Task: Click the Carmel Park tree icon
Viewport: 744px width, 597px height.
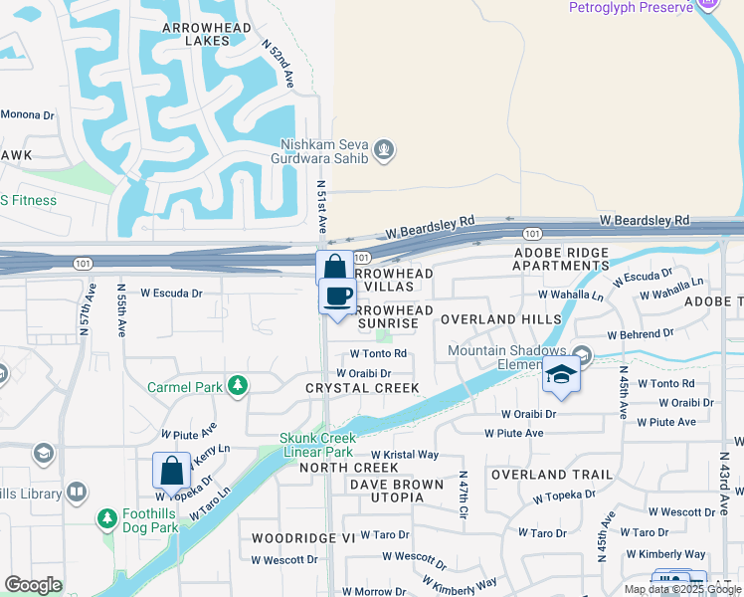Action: pyautogui.click(x=237, y=385)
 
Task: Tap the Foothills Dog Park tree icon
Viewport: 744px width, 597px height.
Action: pyautogui.click(x=107, y=518)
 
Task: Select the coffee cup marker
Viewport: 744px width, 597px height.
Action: pyautogui.click(x=337, y=296)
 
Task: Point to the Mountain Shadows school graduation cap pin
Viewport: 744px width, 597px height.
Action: pyautogui.click(x=561, y=376)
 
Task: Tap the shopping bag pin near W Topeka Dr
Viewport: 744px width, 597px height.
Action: pyautogui.click(x=171, y=473)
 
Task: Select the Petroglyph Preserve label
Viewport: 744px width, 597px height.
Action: pyautogui.click(x=631, y=8)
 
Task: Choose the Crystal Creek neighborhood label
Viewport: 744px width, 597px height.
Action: pyautogui.click(x=362, y=388)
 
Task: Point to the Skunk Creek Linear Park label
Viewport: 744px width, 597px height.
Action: pyautogui.click(x=316, y=445)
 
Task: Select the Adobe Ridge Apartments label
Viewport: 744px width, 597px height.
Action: pyautogui.click(x=561, y=259)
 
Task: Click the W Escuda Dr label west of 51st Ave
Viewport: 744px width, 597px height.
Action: pyautogui.click(x=171, y=294)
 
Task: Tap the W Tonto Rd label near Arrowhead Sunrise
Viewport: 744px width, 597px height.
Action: pyautogui.click(x=378, y=353)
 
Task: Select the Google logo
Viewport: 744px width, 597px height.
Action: pyautogui.click(x=33, y=585)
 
